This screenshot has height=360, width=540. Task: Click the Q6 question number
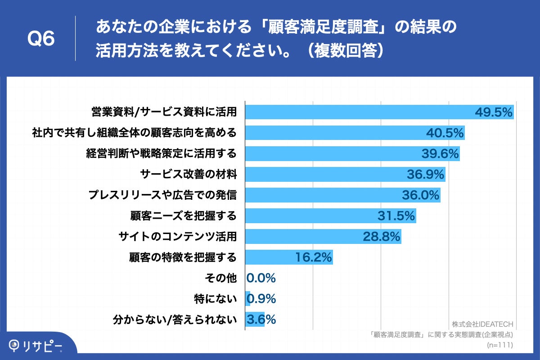point(41,39)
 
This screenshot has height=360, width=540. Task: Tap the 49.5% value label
point(494,112)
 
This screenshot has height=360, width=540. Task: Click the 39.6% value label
point(440,153)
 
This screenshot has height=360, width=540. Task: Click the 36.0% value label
point(420,195)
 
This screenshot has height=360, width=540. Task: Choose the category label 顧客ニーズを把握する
point(183,216)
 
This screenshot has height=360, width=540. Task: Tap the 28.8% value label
point(382,236)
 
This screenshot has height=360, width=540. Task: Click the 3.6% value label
point(261,319)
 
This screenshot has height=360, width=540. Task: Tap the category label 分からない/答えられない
point(175,319)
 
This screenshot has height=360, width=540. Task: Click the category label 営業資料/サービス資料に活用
point(164,112)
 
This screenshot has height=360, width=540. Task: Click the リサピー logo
point(36,345)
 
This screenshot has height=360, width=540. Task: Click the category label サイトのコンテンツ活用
point(177,236)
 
